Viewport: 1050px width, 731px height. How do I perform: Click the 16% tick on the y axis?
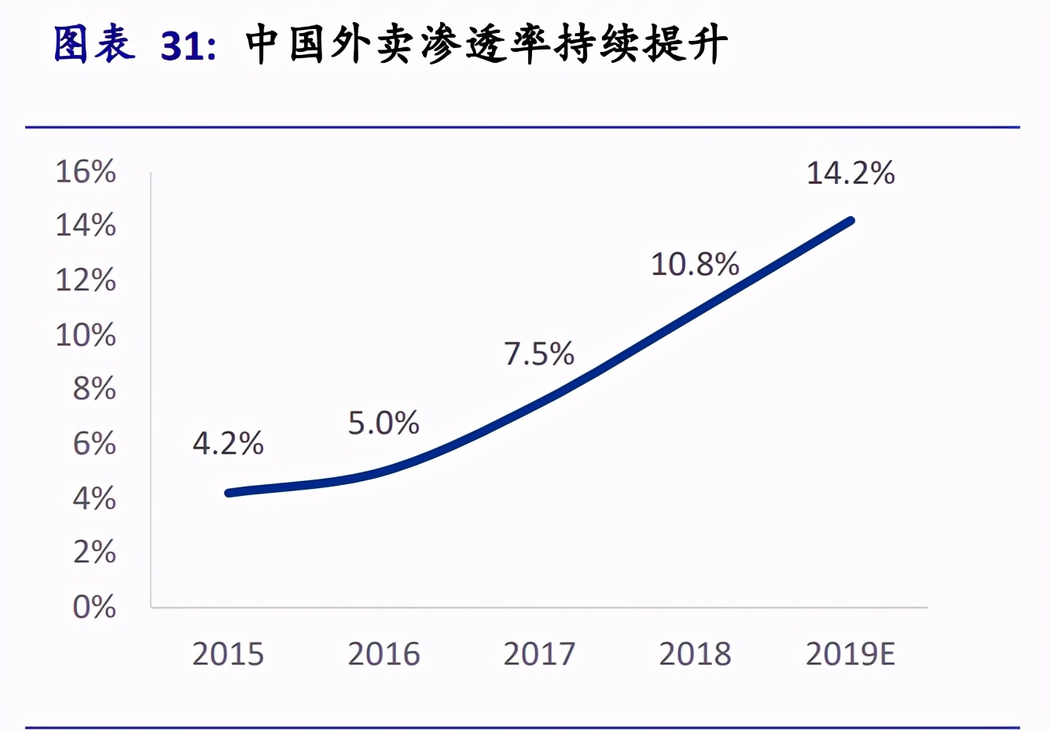tap(86, 171)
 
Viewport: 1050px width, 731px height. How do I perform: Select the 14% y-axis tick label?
tap(86, 226)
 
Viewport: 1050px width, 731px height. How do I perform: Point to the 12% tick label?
tap(86, 280)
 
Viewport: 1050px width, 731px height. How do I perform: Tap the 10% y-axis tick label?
tap(86, 335)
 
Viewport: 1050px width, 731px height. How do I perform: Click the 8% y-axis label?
tap(94, 389)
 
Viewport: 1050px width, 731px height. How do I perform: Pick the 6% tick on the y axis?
tap(94, 444)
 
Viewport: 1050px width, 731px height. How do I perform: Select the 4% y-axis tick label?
tap(94, 498)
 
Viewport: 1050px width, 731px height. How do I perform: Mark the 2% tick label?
tap(94, 553)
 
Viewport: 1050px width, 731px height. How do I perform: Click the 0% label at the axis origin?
tap(94, 607)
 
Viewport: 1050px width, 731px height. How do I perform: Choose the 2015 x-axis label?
tap(228, 654)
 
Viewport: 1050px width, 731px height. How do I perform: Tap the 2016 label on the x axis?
tap(384, 654)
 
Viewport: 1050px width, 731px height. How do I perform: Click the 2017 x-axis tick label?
tap(539, 654)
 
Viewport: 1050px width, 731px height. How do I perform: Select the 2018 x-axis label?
tap(695, 654)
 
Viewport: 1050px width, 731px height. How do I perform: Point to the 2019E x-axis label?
tap(850, 654)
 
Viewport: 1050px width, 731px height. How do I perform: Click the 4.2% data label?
tap(228, 444)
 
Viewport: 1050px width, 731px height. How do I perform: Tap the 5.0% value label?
tap(384, 424)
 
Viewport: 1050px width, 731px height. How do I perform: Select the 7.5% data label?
tap(539, 354)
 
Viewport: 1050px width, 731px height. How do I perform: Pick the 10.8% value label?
tap(695, 265)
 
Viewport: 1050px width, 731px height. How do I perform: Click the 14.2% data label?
tap(850, 174)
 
